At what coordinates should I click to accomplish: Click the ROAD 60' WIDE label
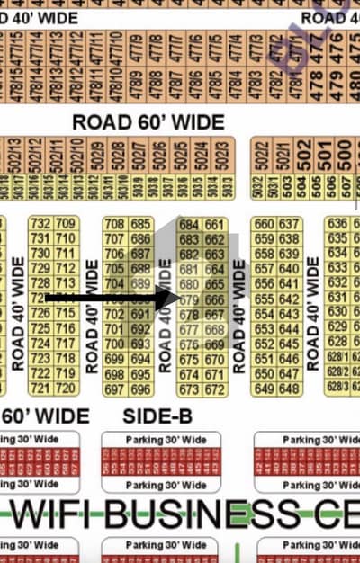tap(148, 121)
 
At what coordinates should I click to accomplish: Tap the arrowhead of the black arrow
tap(170, 299)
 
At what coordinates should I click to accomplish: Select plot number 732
tap(40, 224)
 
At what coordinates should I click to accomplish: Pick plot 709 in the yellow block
tap(65, 224)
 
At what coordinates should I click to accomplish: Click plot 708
tap(115, 224)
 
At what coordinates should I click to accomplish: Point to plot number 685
tap(139, 224)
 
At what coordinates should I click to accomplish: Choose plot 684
tap(189, 224)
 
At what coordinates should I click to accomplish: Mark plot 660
tap(264, 224)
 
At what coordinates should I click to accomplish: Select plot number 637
tap(288, 224)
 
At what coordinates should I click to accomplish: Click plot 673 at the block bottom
tap(189, 389)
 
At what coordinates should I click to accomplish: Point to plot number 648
tap(288, 389)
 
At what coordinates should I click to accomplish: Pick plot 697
tap(115, 389)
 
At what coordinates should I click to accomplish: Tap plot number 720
tap(65, 389)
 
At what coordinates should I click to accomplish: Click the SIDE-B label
tap(154, 416)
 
